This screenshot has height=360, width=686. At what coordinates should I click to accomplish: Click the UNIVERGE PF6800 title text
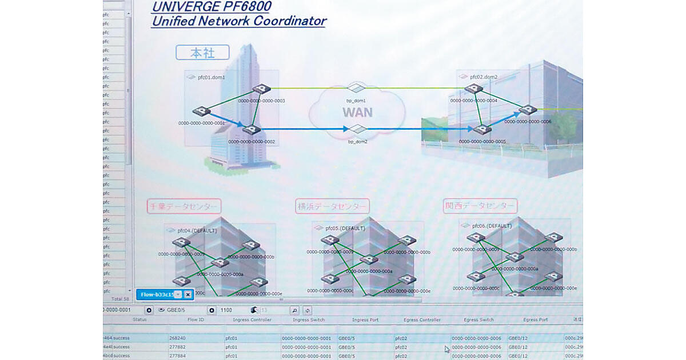211,7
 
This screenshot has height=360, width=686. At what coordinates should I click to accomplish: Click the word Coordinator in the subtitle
291,22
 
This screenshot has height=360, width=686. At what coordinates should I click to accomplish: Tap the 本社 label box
202,53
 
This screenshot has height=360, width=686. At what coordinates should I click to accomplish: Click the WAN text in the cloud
357,112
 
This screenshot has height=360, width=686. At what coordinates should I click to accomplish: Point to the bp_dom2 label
357,141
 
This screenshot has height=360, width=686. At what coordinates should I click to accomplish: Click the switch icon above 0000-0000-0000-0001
202,112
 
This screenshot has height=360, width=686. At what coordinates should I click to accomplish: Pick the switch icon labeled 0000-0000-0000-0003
261,89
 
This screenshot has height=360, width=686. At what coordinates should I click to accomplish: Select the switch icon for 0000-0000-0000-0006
528,110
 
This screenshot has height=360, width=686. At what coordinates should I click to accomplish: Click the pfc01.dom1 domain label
211,77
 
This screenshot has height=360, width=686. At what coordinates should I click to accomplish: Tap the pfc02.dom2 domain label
483,77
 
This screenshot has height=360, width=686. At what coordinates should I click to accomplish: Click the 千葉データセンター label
184,206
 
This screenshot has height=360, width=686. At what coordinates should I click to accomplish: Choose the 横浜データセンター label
332,206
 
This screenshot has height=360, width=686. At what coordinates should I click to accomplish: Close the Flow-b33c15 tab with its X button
188,294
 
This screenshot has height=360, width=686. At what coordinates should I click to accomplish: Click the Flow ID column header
196,320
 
